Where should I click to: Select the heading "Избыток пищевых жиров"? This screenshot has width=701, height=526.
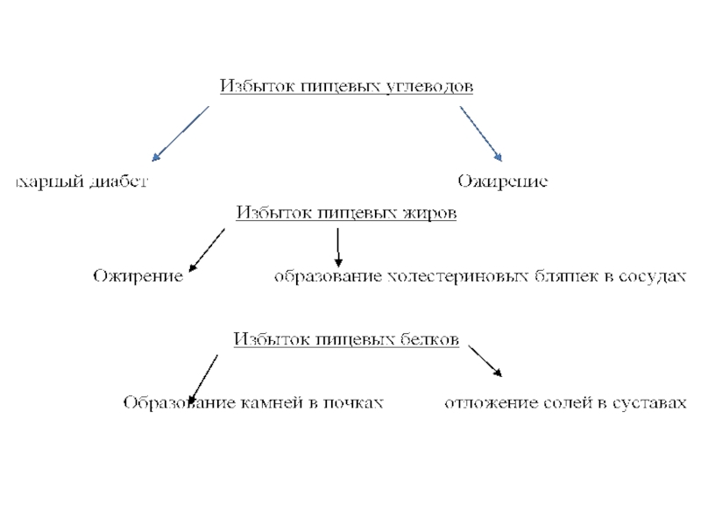click(x=346, y=213)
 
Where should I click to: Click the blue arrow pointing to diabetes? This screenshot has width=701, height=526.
click(x=181, y=133)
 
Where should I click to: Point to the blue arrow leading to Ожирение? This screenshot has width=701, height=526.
click(x=480, y=133)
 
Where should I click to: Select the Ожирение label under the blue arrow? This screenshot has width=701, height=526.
click(x=502, y=181)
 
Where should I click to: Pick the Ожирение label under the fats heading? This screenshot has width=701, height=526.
click(x=138, y=277)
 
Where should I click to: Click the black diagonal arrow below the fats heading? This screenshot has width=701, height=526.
click(x=207, y=249)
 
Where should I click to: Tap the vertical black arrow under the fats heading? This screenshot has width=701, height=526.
click(x=339, y=247)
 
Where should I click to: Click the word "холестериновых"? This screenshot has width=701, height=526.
click(x=458, y=277)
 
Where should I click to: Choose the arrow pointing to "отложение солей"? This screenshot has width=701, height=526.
click(x=485, y=360)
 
